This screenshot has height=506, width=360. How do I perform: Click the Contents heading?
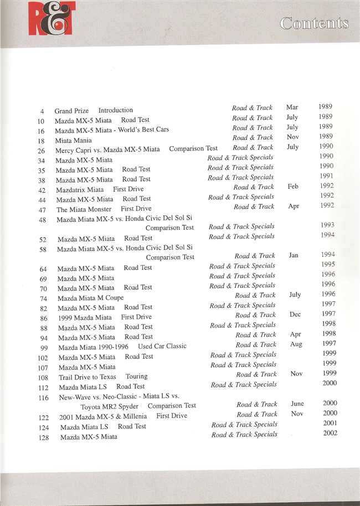point(314,23)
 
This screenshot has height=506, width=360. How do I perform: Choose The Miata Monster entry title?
point(84,209)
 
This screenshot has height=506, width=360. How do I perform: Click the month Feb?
point(293,187)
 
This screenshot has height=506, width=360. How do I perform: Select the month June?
point(297,404)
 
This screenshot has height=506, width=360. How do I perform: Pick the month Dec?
point(295,314)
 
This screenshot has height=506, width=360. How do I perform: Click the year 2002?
point(330,433)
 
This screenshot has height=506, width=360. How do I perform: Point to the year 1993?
point(327,225)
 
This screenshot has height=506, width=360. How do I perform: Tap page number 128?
point(44,437)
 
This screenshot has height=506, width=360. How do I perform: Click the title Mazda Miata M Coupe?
point(90,298)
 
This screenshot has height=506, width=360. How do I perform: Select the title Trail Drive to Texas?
point(87,376)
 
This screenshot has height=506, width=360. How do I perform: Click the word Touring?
point(136,376)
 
